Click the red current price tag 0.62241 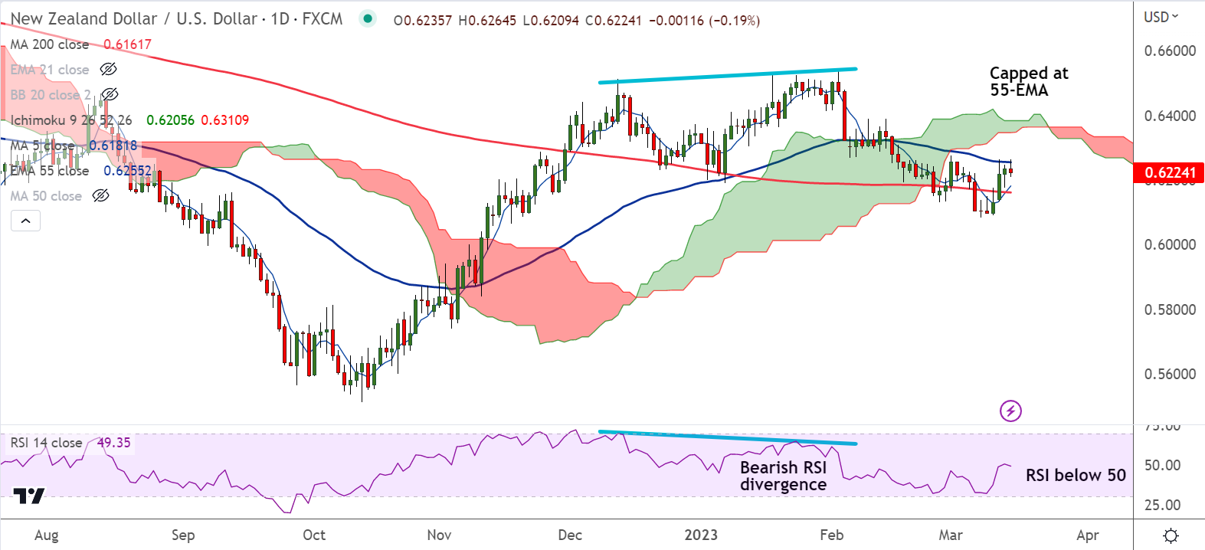(1168, 173)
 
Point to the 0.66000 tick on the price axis (1169, 51)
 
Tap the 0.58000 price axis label (1169, 310)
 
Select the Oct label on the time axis (314, 535)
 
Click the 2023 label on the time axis (701, 535)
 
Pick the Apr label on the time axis (1088, 535)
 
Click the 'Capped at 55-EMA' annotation (1028, 81)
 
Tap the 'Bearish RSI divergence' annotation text (783, 476)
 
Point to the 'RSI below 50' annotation (1075, 475)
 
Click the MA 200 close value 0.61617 (127, 44)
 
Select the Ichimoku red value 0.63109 (224, 120)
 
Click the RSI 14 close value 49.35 (113, 443)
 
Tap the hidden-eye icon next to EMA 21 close (108, 70)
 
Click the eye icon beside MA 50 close (100, 196)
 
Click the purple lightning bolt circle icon (1010, 411)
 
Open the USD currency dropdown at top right (1161, 17)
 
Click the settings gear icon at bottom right (1170, 535)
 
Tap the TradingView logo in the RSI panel (30, 496)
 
